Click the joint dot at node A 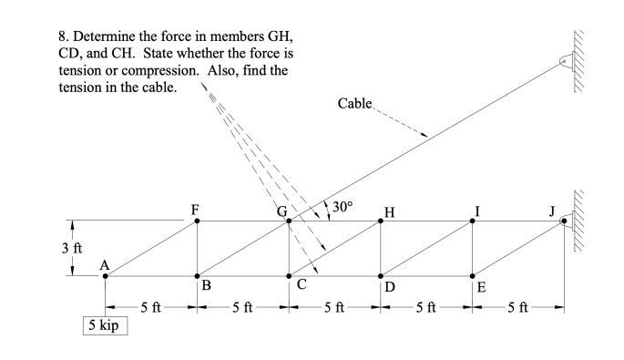[x=105, y=275]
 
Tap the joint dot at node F [x=197, y=221]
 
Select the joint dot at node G [x=289, y=221]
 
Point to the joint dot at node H [x=381, y=221]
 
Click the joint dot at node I [x=473, y=221]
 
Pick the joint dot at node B [x=197, y=275]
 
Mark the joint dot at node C [x=289, y=275]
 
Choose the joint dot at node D [x=381, y=275]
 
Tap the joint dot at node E [x=473, y=275]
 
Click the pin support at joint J [x=567, y=221]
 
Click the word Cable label [x=354, y=104]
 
